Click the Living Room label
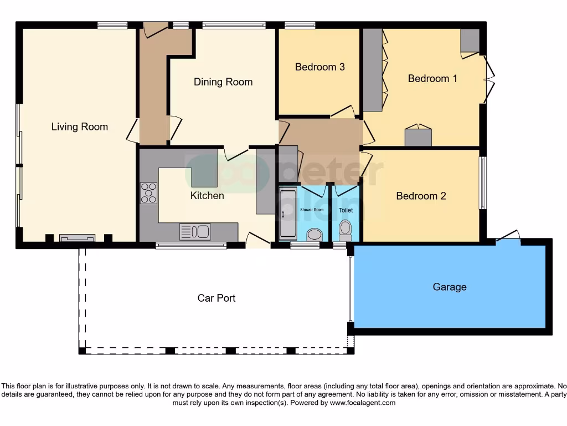click(79, 127)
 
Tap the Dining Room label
click(223, 82)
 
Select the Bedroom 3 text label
click(319, 67)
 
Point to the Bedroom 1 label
click(432, 79)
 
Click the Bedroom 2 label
click(421, 196)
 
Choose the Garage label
click(449, 287)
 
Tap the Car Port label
click(217, 298)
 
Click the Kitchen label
click(207, 196)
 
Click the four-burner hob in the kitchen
click(148, 193)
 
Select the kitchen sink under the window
click(195, 231)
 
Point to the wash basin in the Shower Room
click(314, 235)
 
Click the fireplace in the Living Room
click(77, 238)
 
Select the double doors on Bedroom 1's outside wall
click(488, 80)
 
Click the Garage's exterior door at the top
click(508, 237)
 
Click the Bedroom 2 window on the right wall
click(482, 183)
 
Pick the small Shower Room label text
click(311, 210)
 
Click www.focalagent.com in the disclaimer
click(362, 403)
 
